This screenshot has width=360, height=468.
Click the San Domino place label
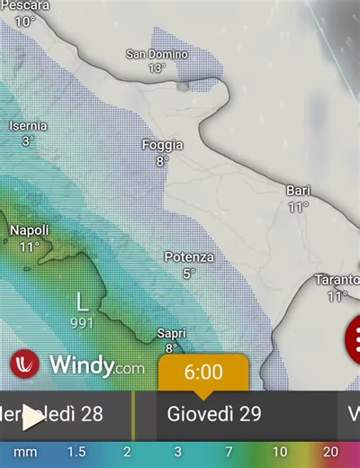pyautogui.click(x=157, y=54)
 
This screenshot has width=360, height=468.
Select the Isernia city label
pyautogui.click(x=27, y=126)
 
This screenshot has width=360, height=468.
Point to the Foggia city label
pyautogui.click(x=162, y=145)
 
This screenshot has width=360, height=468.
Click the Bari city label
pyautogui.click(x=298, y=191)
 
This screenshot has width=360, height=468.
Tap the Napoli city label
pyautogui.click(x=29, y=231)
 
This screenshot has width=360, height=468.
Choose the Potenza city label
pyautogui.click(x=189, y=257)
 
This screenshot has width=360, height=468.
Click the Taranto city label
pyautogui.click(x=337, y=280)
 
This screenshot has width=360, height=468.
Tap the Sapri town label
pyautogui.click(x=171, y=333)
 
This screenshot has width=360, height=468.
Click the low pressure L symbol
pyautogui.click(x=82, y=301)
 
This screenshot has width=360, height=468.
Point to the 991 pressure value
pyautogui.click(x=82, y=322)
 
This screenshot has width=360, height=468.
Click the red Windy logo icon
pyautogui.click(x=25, y=364)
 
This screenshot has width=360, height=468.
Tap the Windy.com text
pyautogui.click(x=96, y=365)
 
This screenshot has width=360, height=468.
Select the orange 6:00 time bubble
pyautogui.click(x=203, y=372)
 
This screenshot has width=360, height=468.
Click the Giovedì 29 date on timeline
pyautogui.click(x=214, y=415)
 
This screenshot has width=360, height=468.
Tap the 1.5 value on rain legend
pyautogui.click(x=76, y=452)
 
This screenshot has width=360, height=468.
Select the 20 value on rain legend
pyautogui.click(x=331, y=452)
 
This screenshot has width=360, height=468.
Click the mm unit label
pyautogui.click(x=24, y=452)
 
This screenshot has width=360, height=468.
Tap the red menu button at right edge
pyautogui.click(x=354, y=339)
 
